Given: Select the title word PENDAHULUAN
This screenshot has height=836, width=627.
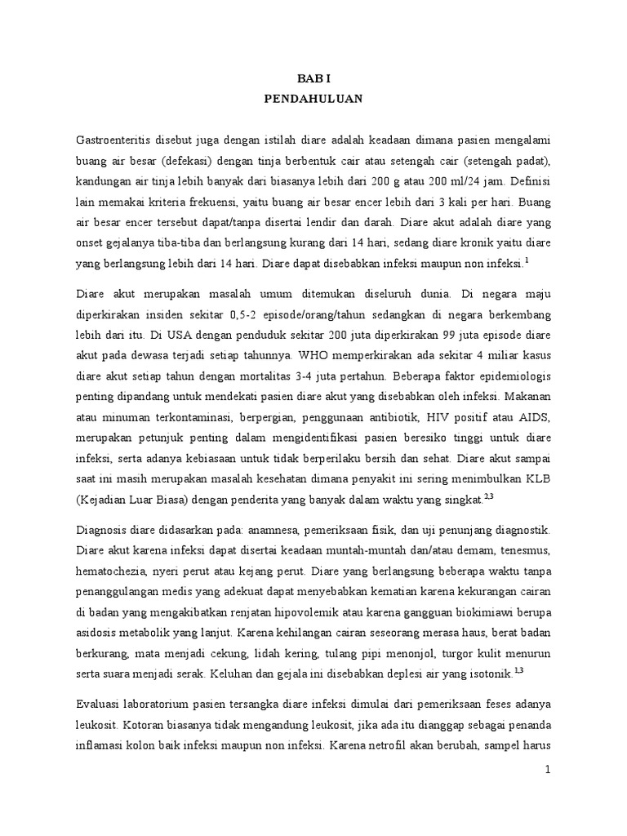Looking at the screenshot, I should [x=313, y=99].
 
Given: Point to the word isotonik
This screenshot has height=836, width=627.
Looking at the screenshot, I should [x=487, y=674].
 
